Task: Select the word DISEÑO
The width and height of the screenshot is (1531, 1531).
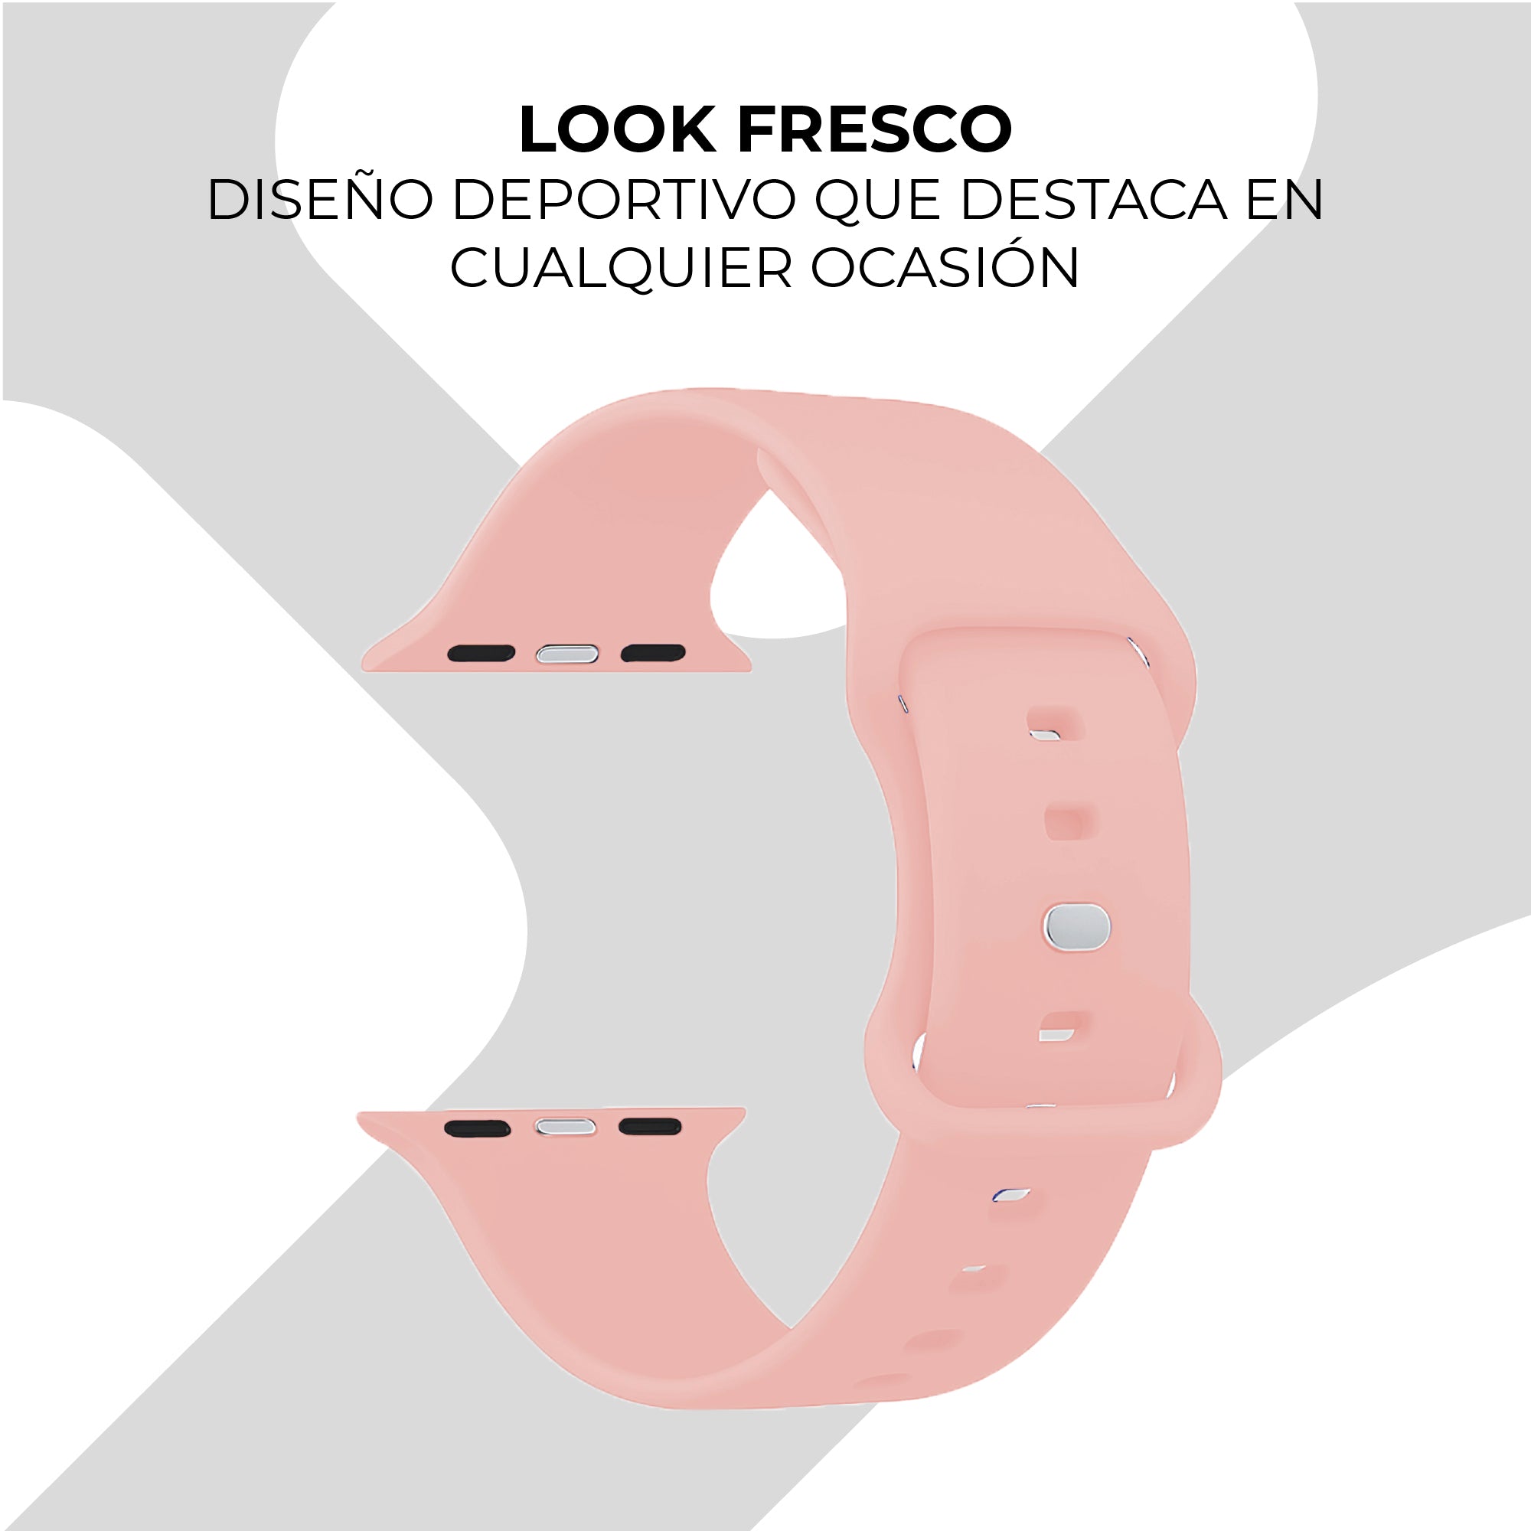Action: [x=320, y=200]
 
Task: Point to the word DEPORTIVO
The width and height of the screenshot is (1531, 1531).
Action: [x=624, y=200]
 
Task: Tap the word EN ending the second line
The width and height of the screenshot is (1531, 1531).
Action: [x=1285, y=200]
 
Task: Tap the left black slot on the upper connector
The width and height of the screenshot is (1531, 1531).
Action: [x=481, y=653]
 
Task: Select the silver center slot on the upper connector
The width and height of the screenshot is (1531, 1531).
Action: [x=566, y=654]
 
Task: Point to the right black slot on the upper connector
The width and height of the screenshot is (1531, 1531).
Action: [x=652, y=653]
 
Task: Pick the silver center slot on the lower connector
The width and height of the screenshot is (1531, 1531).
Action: [x=565, y=1128]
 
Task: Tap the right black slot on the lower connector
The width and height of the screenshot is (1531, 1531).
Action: [x=650, y=1127]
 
